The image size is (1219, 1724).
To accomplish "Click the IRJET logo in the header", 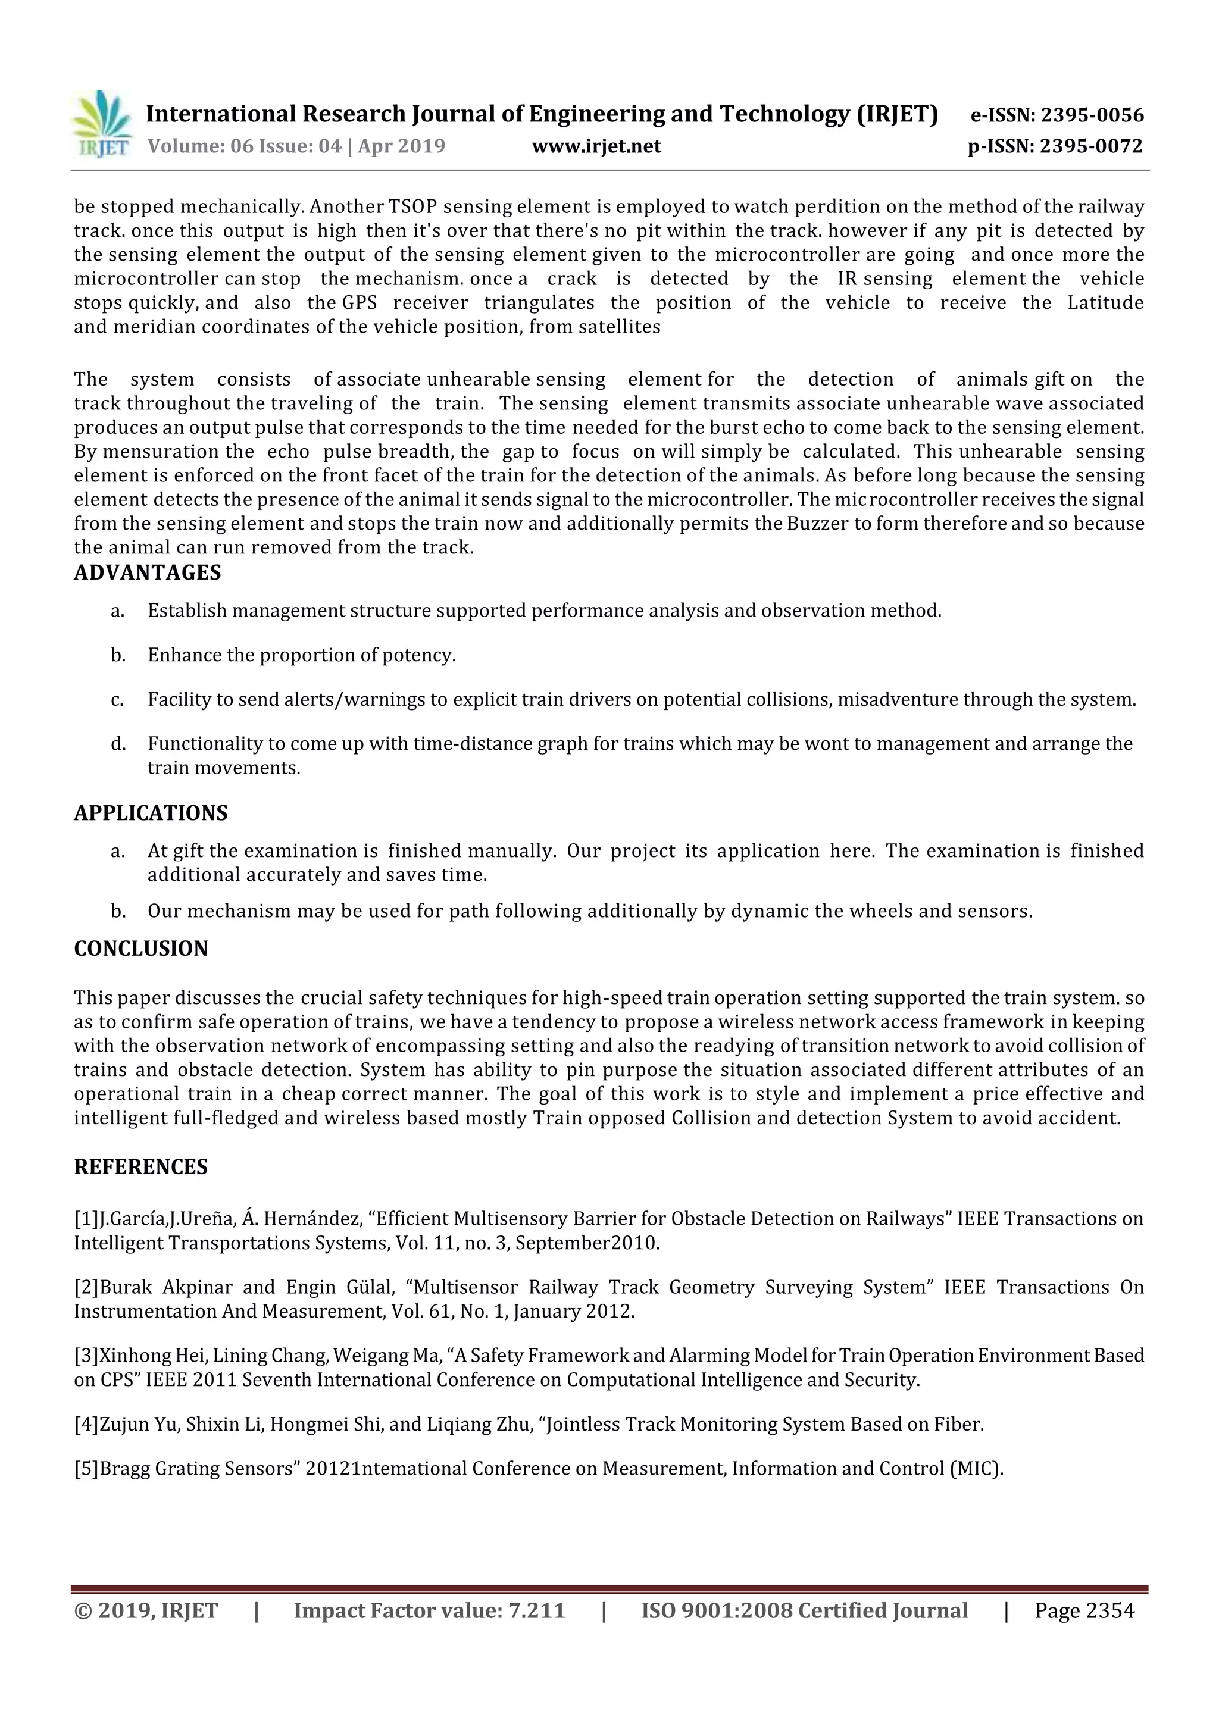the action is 102,124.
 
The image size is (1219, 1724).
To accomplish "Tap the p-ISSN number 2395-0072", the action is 1090,146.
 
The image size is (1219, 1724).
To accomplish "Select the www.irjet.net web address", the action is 596,146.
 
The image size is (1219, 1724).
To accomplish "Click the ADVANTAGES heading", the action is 147,573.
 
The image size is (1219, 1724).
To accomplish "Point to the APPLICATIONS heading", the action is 150,813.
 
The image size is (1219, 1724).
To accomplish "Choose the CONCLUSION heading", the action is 140,949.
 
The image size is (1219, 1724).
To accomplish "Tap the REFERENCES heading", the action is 140,1167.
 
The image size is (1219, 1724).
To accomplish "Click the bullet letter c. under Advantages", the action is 117,700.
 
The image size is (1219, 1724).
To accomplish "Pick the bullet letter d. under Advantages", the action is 118,744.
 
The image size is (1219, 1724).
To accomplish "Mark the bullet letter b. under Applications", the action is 118,912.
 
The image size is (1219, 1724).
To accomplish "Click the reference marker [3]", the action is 86,1356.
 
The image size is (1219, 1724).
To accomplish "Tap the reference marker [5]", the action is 86,1469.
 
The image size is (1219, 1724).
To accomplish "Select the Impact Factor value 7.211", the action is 536,1610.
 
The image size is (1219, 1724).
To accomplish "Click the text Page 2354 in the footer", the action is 1084,1610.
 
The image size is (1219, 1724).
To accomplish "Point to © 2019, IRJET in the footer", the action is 146,1610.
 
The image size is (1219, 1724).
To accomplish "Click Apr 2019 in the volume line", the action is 401,146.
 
